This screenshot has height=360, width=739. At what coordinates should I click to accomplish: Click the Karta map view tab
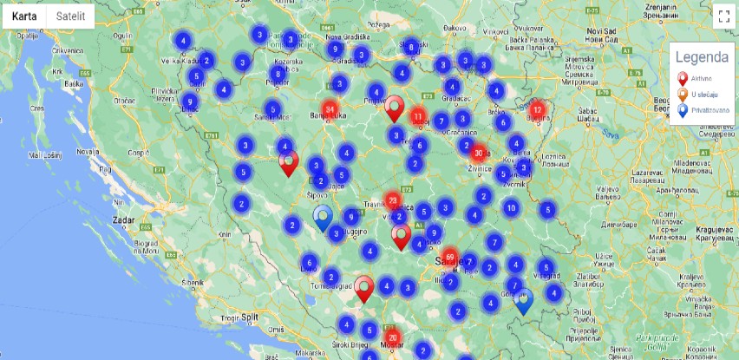pyautogui.click(x=24, y=16)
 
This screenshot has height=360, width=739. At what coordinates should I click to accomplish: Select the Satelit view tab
pyautogui.click(x=70, y=16)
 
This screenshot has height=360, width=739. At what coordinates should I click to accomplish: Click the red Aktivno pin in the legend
pyautogui.click(x=682, y=79)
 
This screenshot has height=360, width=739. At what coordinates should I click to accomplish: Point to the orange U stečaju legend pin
pyautogui.click(x=682, y=95)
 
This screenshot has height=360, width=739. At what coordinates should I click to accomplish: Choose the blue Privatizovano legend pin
pyautogui.click(x=682, y=110)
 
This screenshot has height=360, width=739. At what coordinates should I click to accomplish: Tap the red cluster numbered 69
pyautogui.click(x=450, y=258)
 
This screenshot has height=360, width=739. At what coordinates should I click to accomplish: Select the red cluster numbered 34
pyautogui.click(x=330, y=109)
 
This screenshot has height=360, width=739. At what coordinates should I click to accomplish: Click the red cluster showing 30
pyautogui.click(x=478, y=153)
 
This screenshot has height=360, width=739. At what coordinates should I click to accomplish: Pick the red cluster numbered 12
pyautogui.click(x=538, y=110)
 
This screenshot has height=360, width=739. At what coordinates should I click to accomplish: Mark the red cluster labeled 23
pyautogui.click(x=393, y=201)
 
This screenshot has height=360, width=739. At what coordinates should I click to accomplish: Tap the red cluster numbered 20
pyautogui.click(x=393, y=338)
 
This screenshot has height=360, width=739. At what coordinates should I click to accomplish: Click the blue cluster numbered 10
pyautogui.click(x=511, y=207)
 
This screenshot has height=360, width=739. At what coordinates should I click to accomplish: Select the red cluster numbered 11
pyautogui.click(x=418, y=116)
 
